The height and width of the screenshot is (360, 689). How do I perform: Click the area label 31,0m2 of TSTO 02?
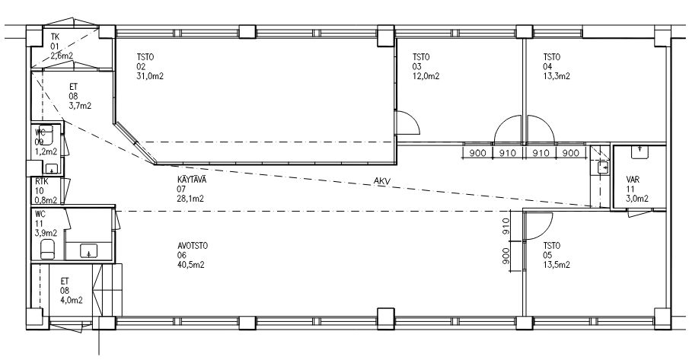click(150, 76)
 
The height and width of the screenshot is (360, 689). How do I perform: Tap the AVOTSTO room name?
click(193, 246)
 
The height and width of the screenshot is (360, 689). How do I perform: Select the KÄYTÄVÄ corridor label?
click(192, 180)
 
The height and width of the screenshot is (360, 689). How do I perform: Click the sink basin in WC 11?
click(89, 251)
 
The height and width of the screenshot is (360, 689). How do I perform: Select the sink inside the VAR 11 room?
click(640, 151)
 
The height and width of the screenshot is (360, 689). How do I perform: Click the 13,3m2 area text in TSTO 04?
click(557, 76)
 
